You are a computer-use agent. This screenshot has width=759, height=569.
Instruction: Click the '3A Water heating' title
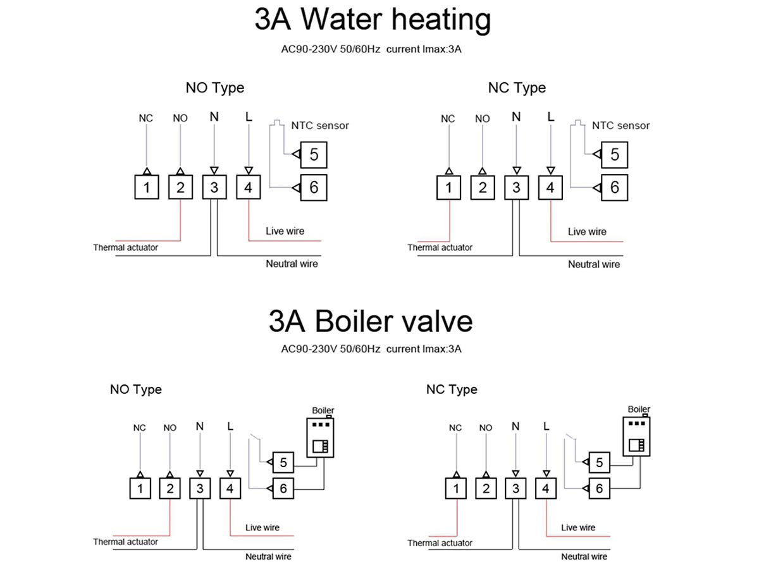[x=373, y=20]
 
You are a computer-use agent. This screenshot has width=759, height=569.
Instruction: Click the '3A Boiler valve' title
[x=371, y=321]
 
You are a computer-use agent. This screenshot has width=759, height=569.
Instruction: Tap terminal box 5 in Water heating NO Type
[x=314, y=154]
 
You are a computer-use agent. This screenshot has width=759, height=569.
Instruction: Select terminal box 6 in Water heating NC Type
[x=614, y=188]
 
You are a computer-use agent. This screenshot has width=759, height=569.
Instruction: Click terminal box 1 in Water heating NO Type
[x=147, y=187]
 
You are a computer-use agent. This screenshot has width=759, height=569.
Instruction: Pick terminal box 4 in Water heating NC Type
[x=550, y=188]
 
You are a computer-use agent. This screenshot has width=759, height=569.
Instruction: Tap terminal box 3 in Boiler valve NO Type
[x=200, y=488]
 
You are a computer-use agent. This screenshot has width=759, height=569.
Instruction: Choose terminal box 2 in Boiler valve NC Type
[x=486, y=488]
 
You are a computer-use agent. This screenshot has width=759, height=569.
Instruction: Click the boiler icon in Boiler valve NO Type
[x=320, y=437]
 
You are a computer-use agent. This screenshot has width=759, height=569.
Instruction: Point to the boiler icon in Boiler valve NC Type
[x=636, y=436]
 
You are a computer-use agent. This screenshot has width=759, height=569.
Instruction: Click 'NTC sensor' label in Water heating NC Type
[x=620, y=125]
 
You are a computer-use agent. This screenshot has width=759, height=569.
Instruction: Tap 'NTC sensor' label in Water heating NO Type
[x=320, y=125]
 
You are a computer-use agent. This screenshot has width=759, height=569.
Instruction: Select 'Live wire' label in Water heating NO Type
[x=285, y=231]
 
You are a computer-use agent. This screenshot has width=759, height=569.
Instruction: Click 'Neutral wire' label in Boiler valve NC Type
[x=584, y=556]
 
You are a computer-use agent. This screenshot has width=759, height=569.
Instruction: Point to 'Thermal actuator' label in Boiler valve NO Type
[x=125, y=542]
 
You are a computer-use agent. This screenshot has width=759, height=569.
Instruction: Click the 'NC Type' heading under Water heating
[x=517, y=88]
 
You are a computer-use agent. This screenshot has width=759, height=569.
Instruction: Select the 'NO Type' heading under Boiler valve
[x=136, y=389]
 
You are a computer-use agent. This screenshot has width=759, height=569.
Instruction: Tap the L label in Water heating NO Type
[x=249, y=117]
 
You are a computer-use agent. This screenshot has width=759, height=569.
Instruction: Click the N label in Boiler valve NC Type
[x=515, y=426]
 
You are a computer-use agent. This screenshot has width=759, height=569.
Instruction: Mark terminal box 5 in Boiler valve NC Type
[x=599, y=462]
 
